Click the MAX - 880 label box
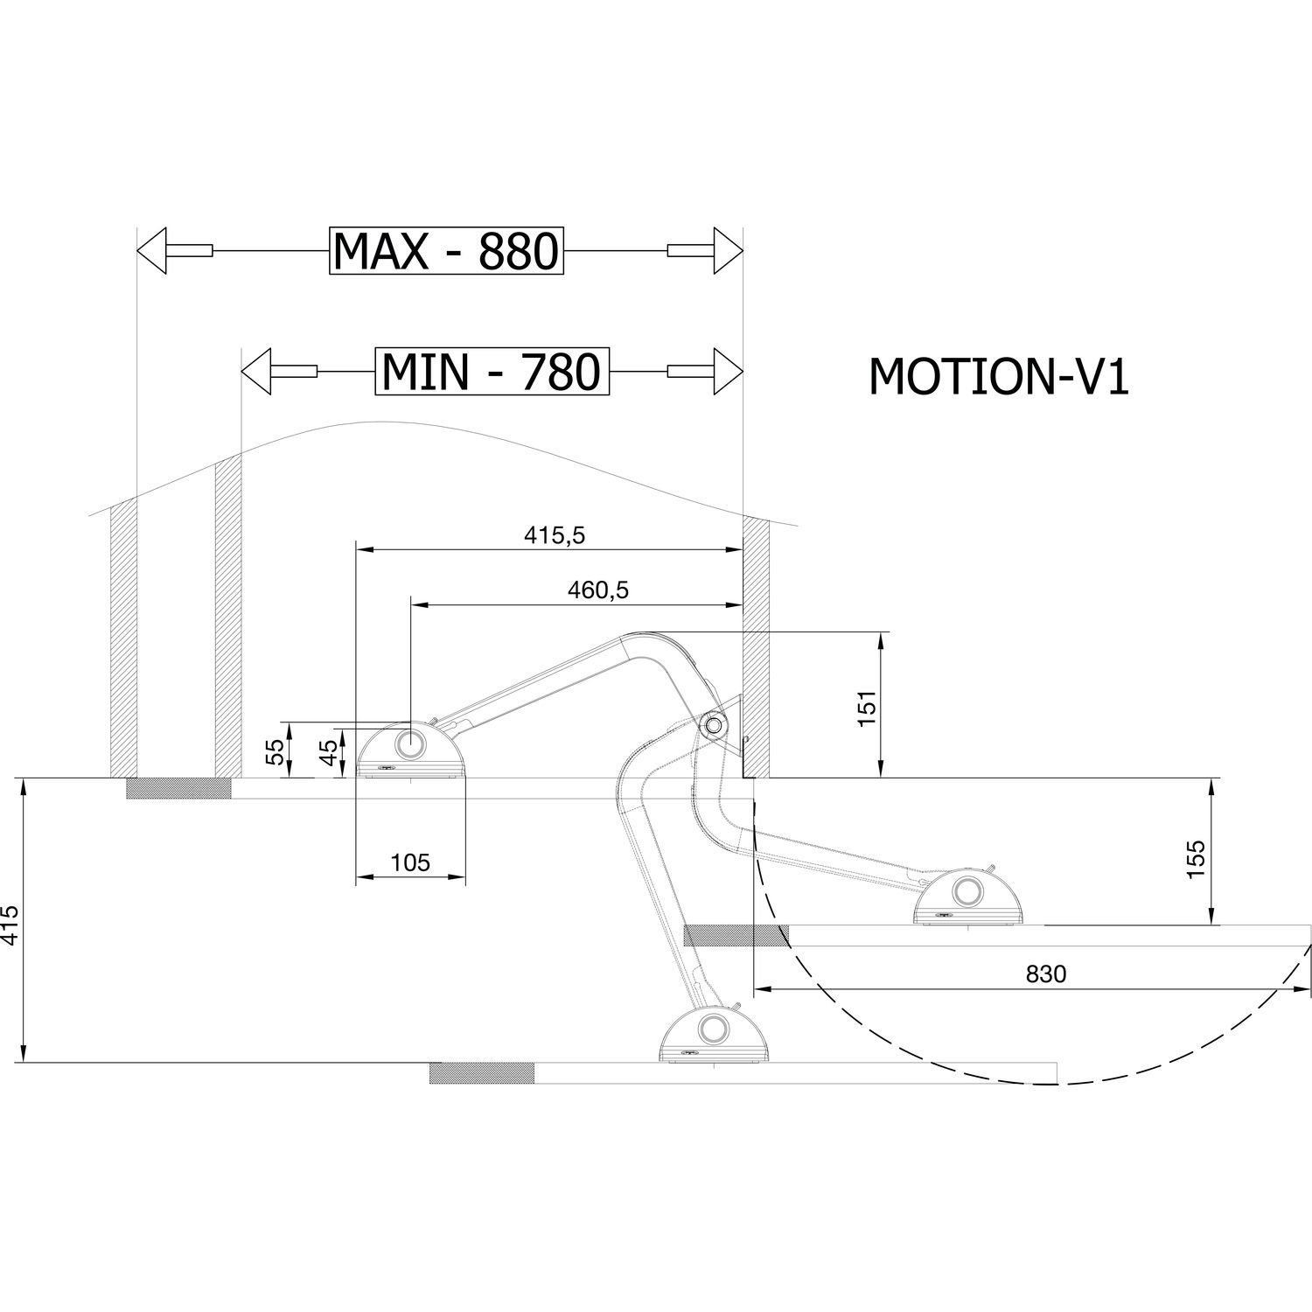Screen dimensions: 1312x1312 tap(446, 252)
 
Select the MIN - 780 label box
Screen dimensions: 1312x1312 tap(492, 372)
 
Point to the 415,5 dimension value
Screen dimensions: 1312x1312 tap(554, 536)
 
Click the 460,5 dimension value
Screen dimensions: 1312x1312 tap(598, 590)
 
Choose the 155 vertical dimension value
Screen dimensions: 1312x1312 tap(1197, 853)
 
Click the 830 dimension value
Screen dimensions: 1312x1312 tap(1046, 974)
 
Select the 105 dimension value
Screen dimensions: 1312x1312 tap(410, 863)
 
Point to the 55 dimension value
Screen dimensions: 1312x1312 tap(275, 752)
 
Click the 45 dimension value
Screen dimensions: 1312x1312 tap(327, 752)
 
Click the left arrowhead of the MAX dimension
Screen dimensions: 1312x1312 tap(154, 251)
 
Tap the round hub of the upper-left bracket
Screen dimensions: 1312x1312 tap(409, 745)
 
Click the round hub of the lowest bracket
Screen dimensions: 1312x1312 tap(712, 1028)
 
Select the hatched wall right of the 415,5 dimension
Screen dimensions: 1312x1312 tap(756, 647)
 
